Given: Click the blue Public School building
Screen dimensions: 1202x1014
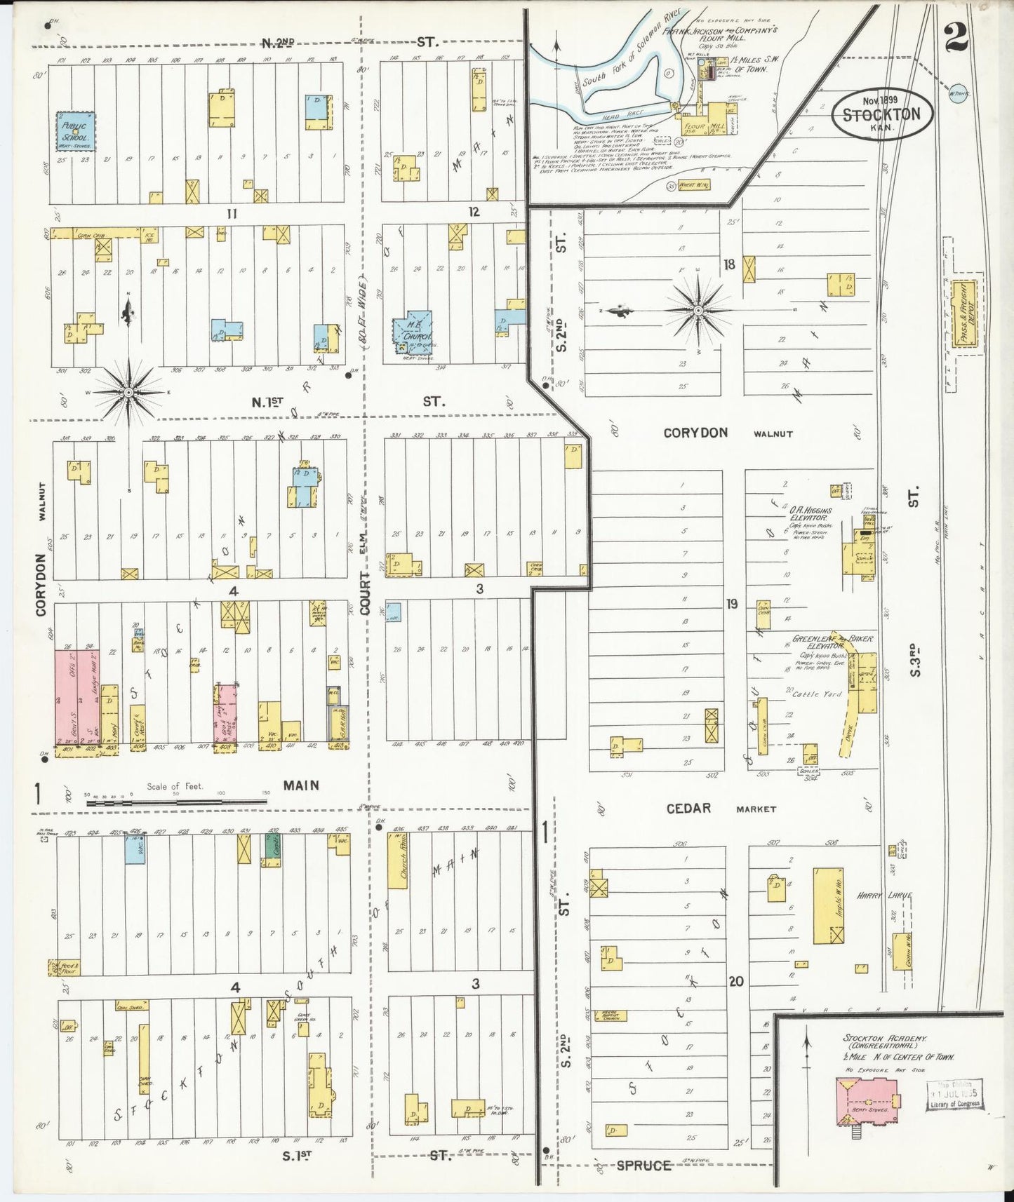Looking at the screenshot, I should tap(76, 132).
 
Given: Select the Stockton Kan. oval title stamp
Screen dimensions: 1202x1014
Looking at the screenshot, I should tap(881, 115).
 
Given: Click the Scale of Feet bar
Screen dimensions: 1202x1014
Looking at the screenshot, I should tap(175, 799).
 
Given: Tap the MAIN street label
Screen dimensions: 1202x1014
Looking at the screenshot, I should tap(301, 785).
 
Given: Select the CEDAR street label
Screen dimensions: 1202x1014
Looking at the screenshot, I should tap(688, 809).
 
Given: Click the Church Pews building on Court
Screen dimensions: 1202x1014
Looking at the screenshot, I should tap(397, 861).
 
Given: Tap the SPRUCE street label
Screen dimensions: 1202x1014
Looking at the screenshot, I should tap(643, 1166).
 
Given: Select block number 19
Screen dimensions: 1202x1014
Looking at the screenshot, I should tap(732, 603).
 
